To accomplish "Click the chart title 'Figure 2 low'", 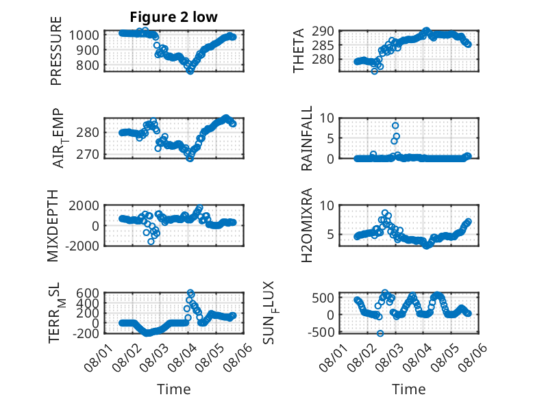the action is [x=174, y=17].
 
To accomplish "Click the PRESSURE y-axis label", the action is [x=56, y=51].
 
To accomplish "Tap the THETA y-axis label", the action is [x=299, y=51].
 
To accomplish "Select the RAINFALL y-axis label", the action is [x=307, y=138].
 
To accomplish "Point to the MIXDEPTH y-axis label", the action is [x=53, y=226].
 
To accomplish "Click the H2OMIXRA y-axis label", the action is [x=307, y=225].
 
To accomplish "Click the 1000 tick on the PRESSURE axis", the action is [x=84, y=35].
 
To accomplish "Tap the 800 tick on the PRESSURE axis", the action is [x=88, y=65].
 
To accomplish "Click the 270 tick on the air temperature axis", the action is [x=88, y=155].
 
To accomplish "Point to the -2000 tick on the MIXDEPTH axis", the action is [x=82, y=246].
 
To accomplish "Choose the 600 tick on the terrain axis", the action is [x=88, y=293].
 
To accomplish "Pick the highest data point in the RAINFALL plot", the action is [x=395, y=126].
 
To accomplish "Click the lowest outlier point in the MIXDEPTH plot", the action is [x=151, y=242].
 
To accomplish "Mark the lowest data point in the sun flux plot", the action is [x=380, y=333].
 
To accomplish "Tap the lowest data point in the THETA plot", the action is [x=374, y=71].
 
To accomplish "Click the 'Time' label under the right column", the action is [x=409, y=389].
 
